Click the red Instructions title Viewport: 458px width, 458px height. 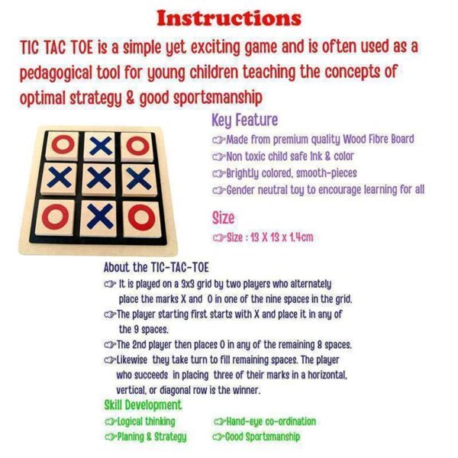229,18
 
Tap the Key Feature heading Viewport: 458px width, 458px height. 245,121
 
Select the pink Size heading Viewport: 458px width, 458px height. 223,218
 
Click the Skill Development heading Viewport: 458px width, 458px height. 144,405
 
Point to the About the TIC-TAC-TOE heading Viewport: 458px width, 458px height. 156,267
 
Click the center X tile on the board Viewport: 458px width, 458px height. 99,179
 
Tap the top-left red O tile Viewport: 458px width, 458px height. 63,146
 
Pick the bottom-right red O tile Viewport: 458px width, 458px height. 142,218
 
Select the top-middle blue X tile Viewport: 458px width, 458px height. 100,146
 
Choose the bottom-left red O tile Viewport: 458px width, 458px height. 55,217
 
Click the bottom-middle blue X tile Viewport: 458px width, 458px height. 99,218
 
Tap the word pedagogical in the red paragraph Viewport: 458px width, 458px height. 56,73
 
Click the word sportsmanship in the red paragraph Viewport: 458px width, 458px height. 218,98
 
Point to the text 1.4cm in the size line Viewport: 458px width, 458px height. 302,237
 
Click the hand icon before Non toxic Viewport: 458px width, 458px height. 219,157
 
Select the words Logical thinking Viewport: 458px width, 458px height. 147,421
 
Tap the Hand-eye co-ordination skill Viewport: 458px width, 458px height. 271,421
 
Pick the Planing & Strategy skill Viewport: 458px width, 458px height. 152,437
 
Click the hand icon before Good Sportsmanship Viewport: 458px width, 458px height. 219,437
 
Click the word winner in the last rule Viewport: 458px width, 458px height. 246,390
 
